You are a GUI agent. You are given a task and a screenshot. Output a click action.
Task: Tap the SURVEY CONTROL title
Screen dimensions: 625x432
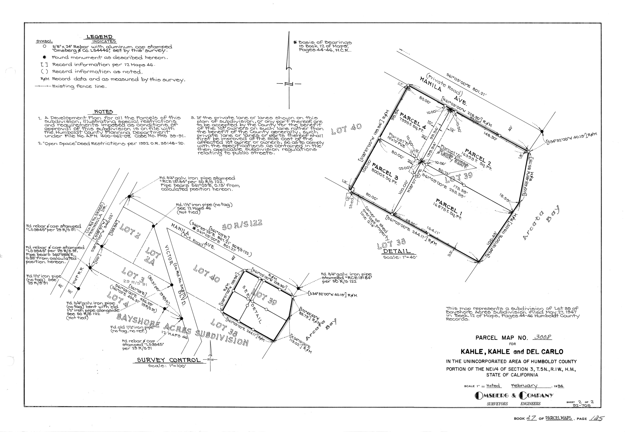coord(169,360)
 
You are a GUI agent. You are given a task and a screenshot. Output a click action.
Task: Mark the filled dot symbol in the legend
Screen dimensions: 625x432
coord(45,57)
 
